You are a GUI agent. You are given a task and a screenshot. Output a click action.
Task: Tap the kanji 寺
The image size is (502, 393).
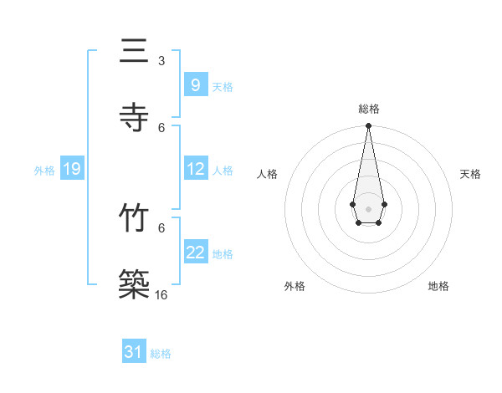tap(135, 118)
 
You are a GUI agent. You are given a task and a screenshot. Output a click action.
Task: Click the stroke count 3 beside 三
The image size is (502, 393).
tap(161, 61)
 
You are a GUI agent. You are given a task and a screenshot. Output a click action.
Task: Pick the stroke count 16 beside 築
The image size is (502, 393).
tap(161, 295)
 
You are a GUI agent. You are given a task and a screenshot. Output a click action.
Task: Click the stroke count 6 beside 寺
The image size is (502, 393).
tap(161, 128)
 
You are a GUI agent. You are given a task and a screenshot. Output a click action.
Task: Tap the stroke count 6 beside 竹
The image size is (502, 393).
tap(161, 227)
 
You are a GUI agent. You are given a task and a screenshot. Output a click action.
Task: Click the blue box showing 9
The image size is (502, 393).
tap(195, 85)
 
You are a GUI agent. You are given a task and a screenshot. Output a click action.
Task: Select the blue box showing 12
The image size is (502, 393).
tap(195, 169)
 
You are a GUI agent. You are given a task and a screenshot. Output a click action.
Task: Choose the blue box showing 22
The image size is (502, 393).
tap(195, 253)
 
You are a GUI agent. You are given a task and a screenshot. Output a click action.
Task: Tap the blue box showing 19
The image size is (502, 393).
tap(71, 169)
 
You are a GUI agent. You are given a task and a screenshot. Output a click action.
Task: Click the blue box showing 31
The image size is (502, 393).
tap(134, 352)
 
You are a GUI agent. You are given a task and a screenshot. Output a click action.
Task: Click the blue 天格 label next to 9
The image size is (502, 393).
tap(223, 86)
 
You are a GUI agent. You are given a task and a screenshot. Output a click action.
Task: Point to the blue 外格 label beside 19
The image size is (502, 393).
tap(44, 170)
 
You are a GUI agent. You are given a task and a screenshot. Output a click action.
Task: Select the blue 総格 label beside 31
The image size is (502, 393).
tap(161, 354)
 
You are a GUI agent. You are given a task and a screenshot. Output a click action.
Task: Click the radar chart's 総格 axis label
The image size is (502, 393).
tap(369, 109)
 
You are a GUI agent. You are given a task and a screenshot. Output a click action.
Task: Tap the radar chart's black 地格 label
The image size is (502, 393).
tap(438, 286)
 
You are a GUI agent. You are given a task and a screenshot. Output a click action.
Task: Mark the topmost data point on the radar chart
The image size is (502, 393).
tap(368, 126)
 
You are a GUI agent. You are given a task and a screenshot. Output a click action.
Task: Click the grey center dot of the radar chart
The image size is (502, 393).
tap(368, 207)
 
